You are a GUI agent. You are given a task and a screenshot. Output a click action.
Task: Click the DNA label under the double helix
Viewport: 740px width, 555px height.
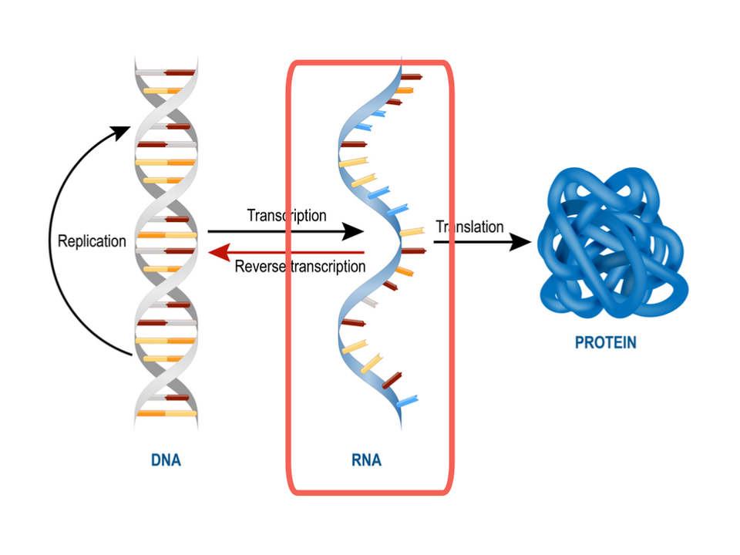[x=166, y=460]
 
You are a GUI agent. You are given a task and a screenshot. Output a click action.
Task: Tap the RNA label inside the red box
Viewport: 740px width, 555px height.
[x=366, y=460]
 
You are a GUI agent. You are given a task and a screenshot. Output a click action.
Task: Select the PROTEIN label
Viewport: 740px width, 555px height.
[x=606, y=342]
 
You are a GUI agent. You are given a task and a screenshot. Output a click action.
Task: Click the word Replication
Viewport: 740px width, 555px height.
[x=92, y=241]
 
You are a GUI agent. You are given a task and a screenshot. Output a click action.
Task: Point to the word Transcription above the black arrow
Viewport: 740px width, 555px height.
[x=287, y=216]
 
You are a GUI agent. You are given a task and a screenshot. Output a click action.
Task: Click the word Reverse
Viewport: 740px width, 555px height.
[x=260, y=267]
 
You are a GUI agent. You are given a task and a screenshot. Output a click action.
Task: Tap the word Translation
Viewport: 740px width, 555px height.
[x=469, y=227]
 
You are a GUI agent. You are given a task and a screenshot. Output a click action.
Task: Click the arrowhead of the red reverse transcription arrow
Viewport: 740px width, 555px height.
[x=219, y=253]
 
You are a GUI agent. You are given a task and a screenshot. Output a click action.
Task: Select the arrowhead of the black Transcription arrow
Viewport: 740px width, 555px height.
[x=353, y=231]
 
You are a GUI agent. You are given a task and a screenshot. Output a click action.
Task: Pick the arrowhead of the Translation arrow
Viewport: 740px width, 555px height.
[x=520, y=242]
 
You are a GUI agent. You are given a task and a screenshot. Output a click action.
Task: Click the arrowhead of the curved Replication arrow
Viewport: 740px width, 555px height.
[x=121, y=132]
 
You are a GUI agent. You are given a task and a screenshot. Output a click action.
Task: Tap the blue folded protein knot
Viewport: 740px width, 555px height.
[x=612, y=243]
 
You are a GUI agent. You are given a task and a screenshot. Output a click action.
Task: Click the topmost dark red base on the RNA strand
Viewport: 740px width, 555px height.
[x=411, y=77]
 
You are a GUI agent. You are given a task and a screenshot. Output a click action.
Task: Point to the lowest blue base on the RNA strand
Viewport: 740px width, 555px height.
[x=407, y=402]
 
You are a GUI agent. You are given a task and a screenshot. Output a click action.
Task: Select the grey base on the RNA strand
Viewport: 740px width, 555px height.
[x=369, y=302]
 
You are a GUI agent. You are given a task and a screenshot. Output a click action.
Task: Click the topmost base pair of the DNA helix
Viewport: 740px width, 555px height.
[x=165, y=72]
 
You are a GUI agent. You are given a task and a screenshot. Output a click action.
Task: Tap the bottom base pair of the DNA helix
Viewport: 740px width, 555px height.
[x=166, y=413]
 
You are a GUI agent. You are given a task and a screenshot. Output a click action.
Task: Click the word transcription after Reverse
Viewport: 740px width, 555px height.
[x=328, y=267]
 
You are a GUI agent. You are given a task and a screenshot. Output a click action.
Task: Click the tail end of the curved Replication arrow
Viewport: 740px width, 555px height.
[x=132, y=354]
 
